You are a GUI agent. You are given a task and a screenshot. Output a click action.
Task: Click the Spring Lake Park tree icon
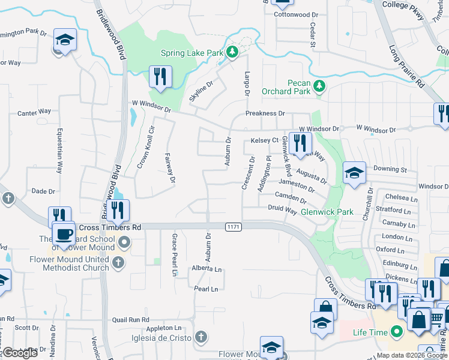[x=232, y=53]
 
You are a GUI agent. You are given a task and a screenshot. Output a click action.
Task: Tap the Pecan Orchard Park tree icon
[x=320, y=86]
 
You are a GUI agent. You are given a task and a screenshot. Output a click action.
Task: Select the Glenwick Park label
[x=327, y=212]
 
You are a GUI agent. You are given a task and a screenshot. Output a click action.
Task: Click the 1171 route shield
[x=234, y=226]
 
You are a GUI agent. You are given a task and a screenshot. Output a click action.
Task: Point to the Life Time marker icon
[x=396, y=331]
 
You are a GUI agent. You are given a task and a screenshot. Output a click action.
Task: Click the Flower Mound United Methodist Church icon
[x=118, y=262]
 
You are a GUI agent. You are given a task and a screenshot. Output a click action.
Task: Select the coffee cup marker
[x=64, y=233]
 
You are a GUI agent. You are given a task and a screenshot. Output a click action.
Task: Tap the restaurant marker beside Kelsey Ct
[x=299, y=143]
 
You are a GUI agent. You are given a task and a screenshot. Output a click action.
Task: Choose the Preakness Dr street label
[x=265, y=113]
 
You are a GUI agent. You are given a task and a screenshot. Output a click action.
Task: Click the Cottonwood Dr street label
[x=296, y=14]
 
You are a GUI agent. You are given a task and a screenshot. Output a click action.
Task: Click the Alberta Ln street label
[x=207, y=269]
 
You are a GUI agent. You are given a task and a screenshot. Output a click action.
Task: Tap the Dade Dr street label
[x=43, y=191]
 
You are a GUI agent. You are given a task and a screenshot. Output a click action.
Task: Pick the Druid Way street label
[x=282, y=211]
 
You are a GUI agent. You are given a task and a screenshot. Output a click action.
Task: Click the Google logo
[x=20, y=353]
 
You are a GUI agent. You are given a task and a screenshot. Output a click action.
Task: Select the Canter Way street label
[x=34, y=112]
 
